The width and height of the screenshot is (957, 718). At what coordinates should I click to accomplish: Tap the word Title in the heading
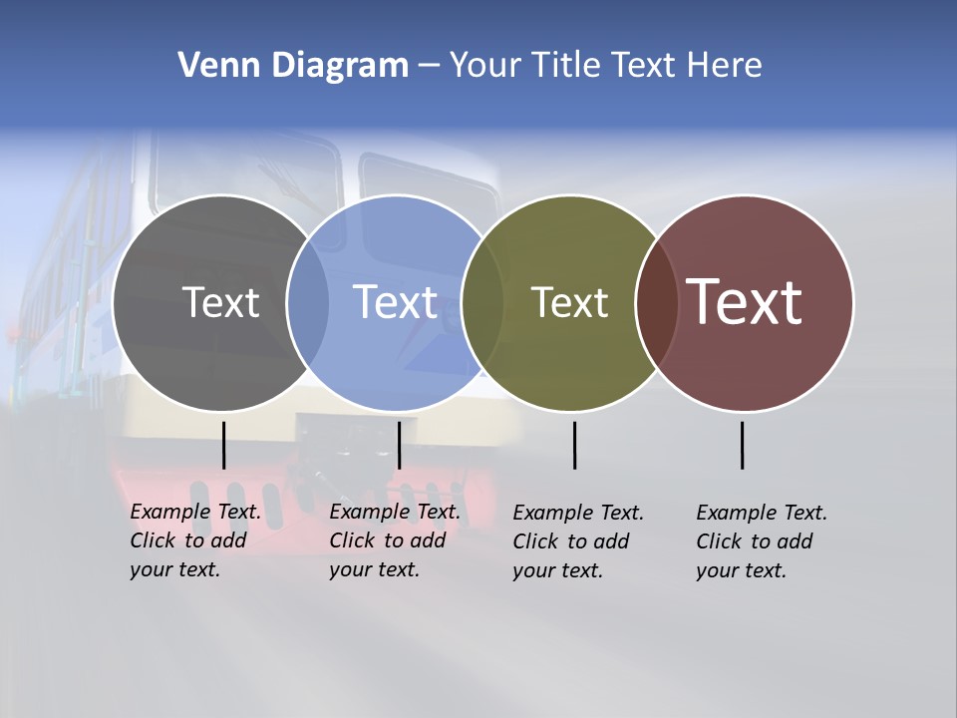[565, 66]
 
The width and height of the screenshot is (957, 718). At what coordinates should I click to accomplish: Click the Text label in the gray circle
[220, 302]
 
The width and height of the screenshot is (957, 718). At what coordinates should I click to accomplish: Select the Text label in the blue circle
[395, 302]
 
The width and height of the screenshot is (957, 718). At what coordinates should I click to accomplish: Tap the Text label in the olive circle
[569, 302]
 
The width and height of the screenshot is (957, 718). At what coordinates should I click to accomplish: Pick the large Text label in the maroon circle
[745, 302]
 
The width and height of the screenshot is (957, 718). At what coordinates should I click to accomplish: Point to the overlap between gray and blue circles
[308, 302]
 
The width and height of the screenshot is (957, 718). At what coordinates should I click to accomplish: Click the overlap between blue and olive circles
[482, 302]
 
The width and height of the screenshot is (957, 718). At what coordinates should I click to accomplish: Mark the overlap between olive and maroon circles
[654, 302]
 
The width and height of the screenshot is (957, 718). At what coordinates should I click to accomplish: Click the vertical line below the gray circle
[224, 445]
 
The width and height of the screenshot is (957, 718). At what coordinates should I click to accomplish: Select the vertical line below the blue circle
[399, 445]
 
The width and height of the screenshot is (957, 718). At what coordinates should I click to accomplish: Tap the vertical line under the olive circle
[574, 445]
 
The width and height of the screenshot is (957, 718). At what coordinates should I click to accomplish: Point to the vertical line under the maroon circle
[742, 445]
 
